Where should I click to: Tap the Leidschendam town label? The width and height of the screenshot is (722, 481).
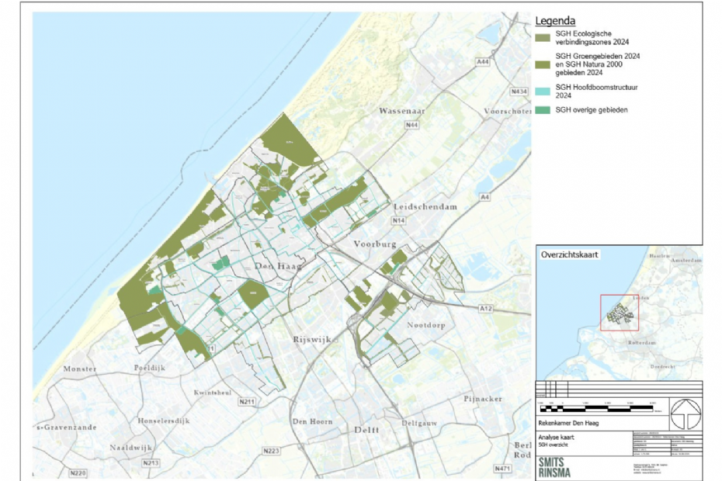[425, 208]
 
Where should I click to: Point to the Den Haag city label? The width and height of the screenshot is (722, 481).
[276, 267]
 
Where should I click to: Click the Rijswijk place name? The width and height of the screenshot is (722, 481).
[312, 340]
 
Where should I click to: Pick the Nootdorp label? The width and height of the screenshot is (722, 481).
[426, 325]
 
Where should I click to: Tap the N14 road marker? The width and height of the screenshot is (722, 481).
[399, 222]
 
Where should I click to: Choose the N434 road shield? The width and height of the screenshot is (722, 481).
[518, 92]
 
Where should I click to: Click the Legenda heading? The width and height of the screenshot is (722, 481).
[557, 21]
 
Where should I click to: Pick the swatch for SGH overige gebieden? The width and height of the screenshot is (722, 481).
[542, 110]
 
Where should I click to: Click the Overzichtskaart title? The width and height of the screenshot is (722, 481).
[567, 254]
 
